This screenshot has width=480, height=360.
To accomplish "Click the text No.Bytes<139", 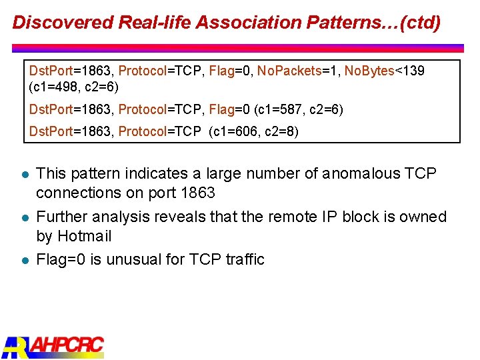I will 384,71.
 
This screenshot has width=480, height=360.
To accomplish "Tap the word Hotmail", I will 85,236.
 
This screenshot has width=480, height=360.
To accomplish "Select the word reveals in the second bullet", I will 189,217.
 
